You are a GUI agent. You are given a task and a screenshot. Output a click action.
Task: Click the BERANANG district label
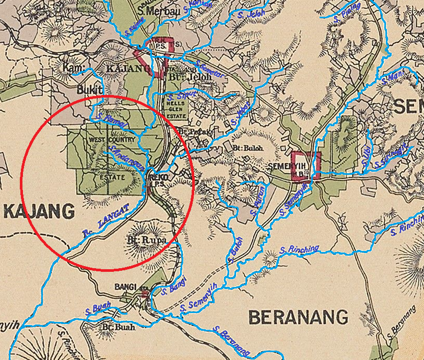coord(298,317)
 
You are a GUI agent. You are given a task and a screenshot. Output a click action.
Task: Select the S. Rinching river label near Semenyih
coord(299,249)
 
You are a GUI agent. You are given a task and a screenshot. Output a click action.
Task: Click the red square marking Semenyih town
coord(305,166)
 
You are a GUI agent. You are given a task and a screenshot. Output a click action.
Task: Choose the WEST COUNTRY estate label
coord(112,140)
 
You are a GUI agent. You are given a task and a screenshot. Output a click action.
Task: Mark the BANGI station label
coord(126,287)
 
